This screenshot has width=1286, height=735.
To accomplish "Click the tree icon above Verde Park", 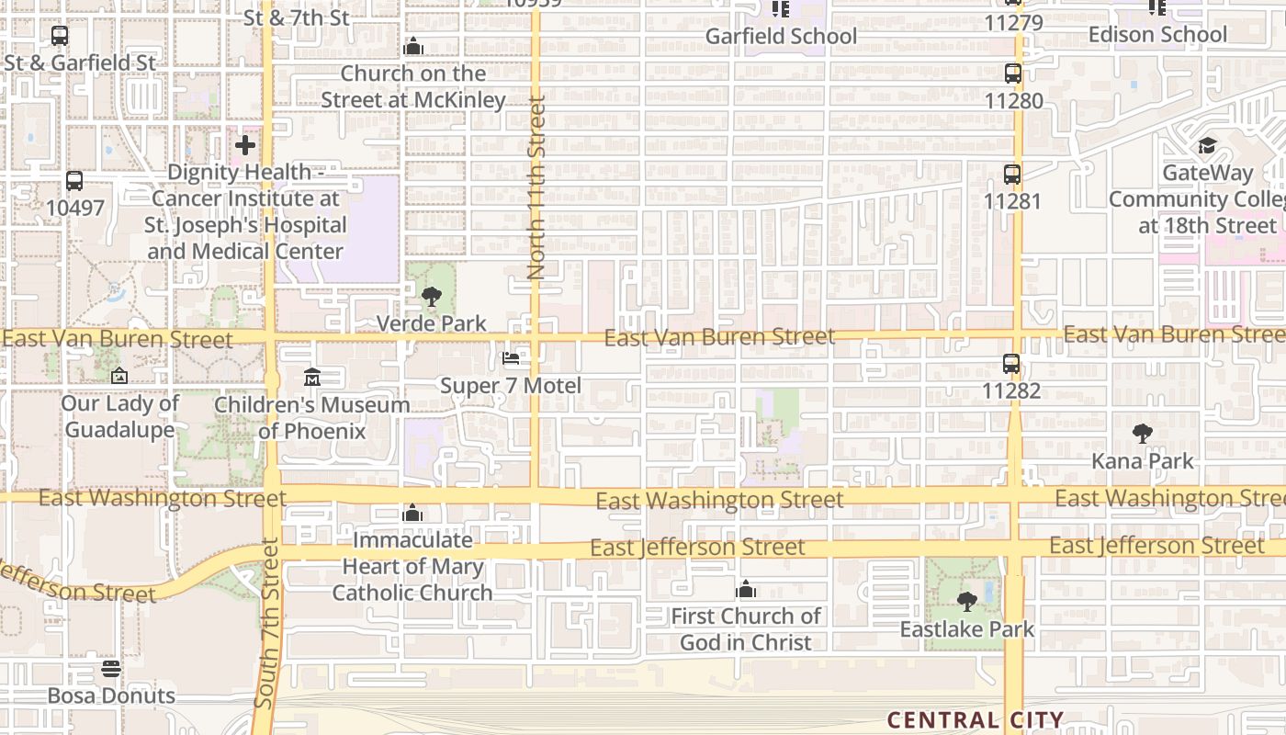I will (431, 297).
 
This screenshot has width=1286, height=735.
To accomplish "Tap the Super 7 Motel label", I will (511, 385).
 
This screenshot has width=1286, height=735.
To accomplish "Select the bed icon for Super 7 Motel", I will (511, 357).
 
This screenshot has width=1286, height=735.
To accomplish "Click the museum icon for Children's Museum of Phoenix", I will (311, 378).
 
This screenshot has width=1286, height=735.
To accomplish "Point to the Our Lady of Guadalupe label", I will (119, 416).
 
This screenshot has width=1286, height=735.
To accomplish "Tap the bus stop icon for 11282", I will (1011, 364).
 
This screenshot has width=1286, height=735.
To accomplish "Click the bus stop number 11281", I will (1012, 200).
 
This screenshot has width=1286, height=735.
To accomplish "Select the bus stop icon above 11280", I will (1013, 73).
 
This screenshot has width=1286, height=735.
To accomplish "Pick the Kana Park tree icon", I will (1143, 433).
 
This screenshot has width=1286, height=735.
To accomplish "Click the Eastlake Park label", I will (967, 629).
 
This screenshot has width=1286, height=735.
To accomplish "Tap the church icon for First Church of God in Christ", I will (746, 589).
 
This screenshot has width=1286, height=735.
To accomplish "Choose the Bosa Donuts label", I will (111, 695).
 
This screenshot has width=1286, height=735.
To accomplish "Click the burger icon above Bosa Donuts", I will (111, 668).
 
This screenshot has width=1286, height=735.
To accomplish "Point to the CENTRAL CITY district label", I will (976, 720).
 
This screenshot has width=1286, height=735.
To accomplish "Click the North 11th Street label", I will (536, 188).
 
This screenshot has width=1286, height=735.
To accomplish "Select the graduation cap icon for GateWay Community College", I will (1206, 146).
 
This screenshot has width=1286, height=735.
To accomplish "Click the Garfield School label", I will (781, 36).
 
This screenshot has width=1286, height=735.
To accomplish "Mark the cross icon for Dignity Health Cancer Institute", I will (245, 145).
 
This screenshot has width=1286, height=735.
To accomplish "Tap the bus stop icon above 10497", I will (74, 181).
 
